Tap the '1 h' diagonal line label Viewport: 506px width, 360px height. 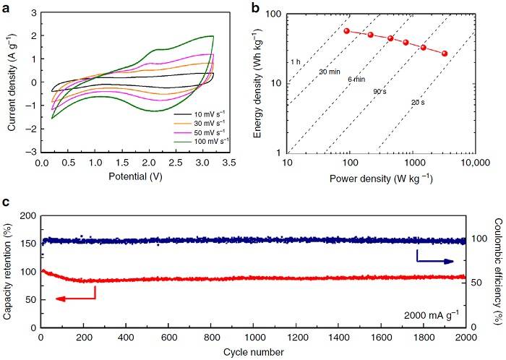pos(295,62)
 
